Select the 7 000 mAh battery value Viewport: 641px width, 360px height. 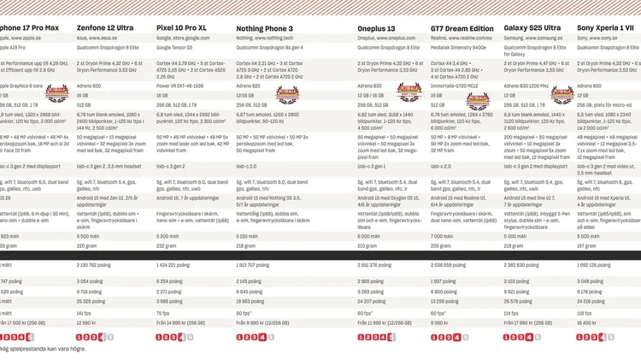[442, 236]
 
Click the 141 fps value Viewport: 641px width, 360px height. [85, 313]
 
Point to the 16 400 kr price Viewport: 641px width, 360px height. [587, 323]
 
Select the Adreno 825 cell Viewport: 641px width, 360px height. [247, 86]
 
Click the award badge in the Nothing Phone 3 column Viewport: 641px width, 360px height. [285, 96]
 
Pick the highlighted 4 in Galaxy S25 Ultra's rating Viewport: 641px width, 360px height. [529, 337]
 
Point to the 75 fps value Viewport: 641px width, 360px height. [164, 313]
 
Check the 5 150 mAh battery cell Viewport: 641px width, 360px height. [247, 236]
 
